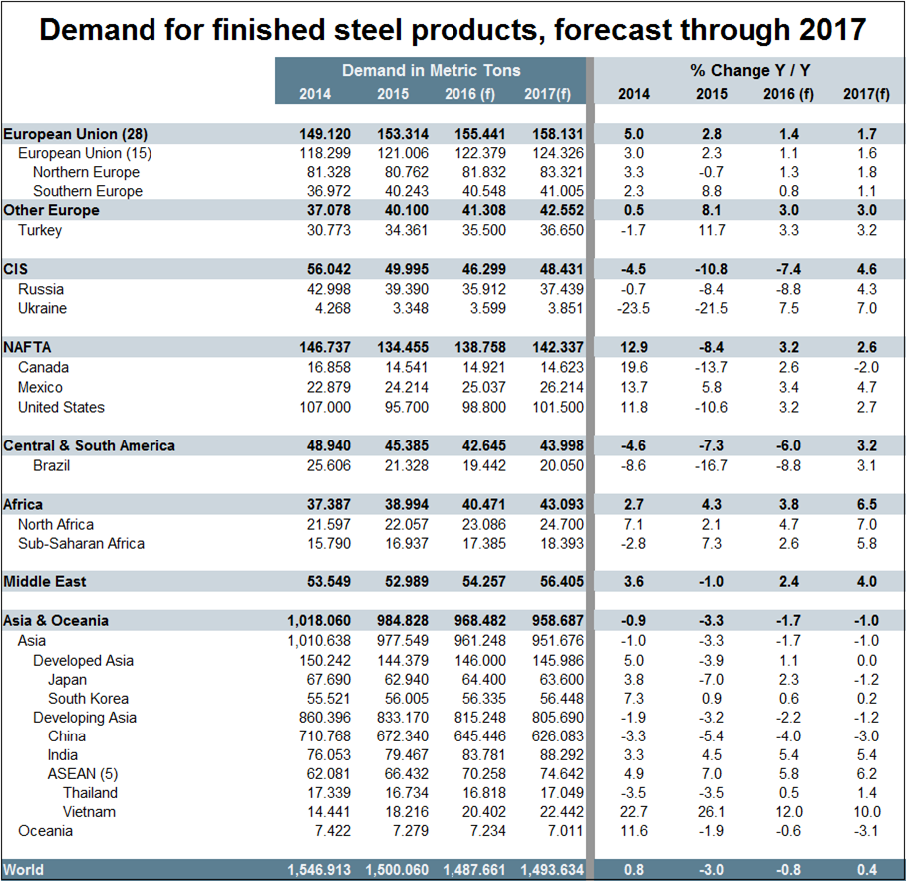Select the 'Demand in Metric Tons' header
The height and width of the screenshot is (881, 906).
pyautogui.click(x=431, y=71)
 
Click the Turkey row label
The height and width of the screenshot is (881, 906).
pyautogui.click(x=40, y=230)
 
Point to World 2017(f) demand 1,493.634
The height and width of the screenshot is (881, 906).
pyautogui.click(x=547, y=870)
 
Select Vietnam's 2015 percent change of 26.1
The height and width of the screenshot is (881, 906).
pyautogui.click(x=712, y=812)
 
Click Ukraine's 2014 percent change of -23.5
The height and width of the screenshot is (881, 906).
pyautogui.click(x=633, y=308)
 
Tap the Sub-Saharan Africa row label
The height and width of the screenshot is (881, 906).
pyautogui.click(x=81, y=543)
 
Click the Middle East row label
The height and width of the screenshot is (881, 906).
pyautogui.click(x=45, y=581)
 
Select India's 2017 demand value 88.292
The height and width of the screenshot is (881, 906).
pyautogui.click(x=547, y=755)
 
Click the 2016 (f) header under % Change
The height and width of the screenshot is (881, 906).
pyautogui.click(x=785, y=94)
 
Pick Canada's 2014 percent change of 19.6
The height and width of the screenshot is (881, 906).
pyautogui.click(x=633, y=367)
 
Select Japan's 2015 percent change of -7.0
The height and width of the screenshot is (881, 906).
pyautogui.click(x=712, y=679)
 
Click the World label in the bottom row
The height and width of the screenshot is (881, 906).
pyautogui.click(x=24, y=870)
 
